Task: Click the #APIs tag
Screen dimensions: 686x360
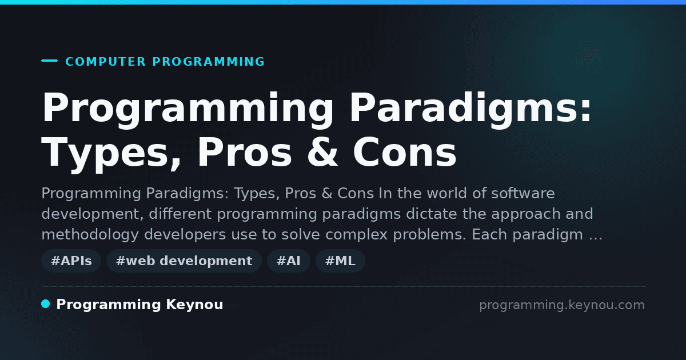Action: [71, 261]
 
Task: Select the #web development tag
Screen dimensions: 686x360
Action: [184, 261]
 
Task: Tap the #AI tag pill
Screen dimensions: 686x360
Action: [289, 261]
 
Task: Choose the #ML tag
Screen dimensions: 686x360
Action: [340, 261]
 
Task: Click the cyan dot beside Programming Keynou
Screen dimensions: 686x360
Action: [45, 304]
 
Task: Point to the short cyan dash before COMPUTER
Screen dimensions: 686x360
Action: [49, 61]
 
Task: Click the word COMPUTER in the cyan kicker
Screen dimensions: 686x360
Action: [106, 62]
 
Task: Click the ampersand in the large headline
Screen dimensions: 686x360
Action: [322, 152]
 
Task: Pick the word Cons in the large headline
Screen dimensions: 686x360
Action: [405, 152]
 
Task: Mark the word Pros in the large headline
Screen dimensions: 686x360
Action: [245, 152]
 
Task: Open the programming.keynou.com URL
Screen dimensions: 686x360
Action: [562, 305]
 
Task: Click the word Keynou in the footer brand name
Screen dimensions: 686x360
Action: [194, 305]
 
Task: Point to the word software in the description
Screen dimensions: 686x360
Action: [523, 193]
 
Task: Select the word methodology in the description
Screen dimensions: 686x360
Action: [90, 235]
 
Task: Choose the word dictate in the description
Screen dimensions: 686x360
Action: [432, 214]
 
